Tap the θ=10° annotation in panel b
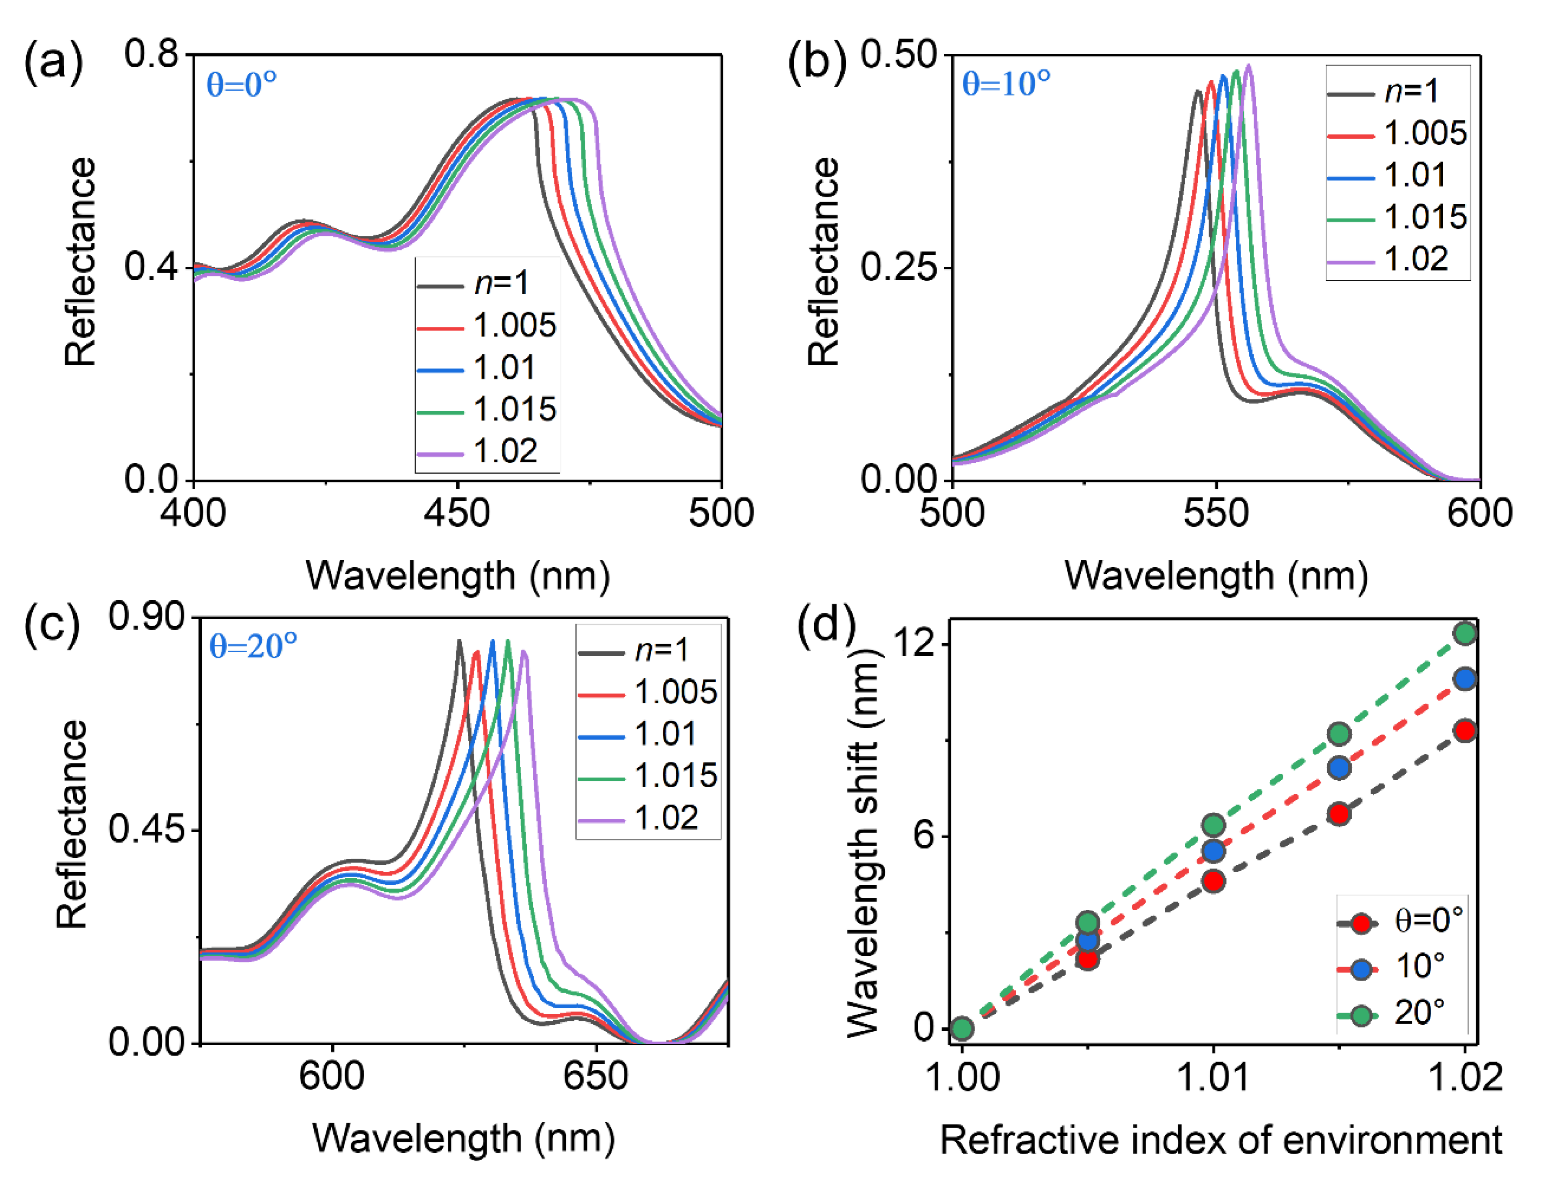[1006, 84]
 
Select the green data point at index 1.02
[1465, 633]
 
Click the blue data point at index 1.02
[1465, 678]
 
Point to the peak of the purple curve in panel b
[1249, 66]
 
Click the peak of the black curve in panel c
[460, 641]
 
